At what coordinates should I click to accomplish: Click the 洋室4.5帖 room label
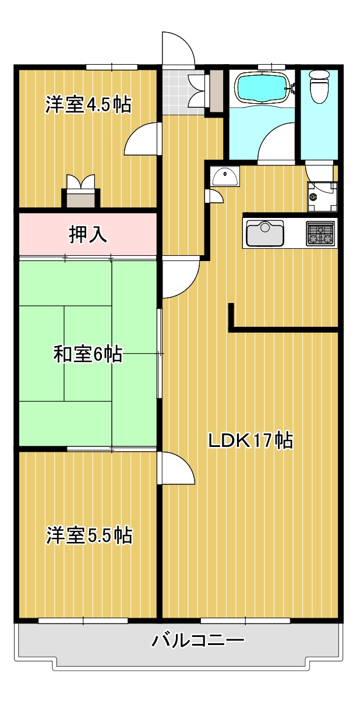[x=88, y=104]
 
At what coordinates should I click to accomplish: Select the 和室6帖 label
[x=88, y=354]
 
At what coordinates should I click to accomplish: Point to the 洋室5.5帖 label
[x=89, y=535]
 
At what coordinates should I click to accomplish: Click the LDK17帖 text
[x=250, y=441]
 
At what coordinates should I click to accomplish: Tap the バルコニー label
[x=197, y=639]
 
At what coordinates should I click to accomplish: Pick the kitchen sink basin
[x=265, y=233]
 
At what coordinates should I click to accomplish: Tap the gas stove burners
[x=320, y=233]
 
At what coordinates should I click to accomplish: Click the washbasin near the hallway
[x=225, y=176]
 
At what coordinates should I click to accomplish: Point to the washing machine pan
[x=322, y=197]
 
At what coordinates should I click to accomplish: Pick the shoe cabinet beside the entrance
[x=216, y=91]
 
